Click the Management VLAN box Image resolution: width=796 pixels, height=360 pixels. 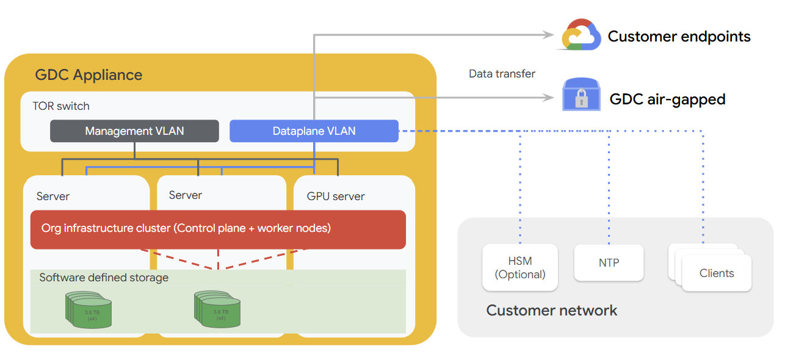pos(134,131)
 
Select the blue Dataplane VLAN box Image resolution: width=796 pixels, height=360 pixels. pos(314,131)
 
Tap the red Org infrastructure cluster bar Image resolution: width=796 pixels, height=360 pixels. pos(218,229)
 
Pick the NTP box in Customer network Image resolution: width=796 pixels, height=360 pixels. pos(609,263)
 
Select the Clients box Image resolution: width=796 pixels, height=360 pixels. pos(717,273)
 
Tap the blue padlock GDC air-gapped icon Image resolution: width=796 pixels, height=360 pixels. pos(581,96)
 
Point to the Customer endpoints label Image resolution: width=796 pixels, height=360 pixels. pos(679,37)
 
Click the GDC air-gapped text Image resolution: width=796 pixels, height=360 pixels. pos(667,99)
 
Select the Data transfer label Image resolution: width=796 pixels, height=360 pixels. pos(502,74)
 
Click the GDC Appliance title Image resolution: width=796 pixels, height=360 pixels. pos(89,75)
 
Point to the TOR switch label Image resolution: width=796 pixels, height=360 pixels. pos(61,106)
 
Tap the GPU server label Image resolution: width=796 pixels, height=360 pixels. pos(336,196)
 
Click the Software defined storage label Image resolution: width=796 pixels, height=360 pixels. pos(104,278)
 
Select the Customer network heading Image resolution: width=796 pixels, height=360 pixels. pos(551,311)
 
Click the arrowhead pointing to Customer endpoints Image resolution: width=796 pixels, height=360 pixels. pos(548,35)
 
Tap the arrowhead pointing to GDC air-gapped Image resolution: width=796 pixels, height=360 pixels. pos(548,96)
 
